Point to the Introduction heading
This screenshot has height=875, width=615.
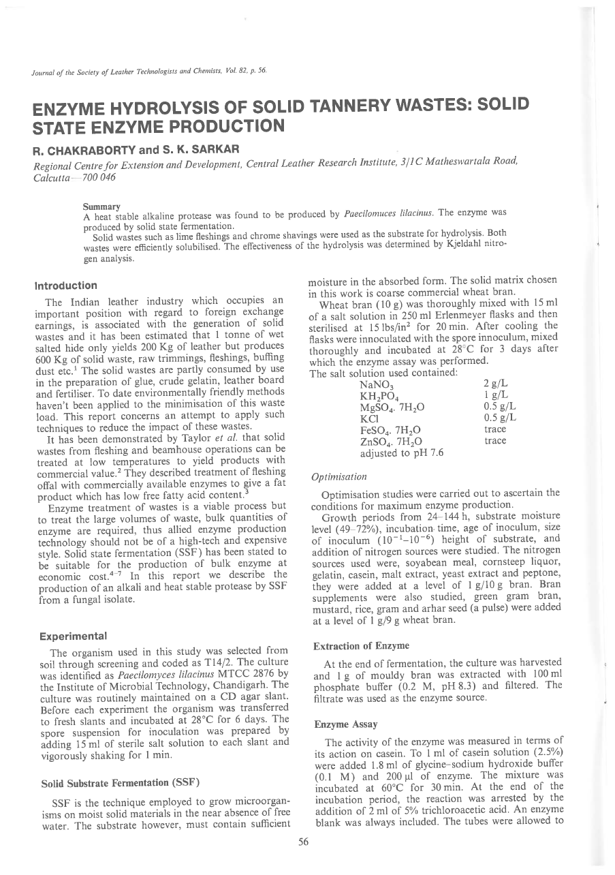pos(66,286)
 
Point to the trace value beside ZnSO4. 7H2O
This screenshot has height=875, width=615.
pos(495,441)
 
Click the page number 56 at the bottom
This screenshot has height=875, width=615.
pos(304,842)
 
